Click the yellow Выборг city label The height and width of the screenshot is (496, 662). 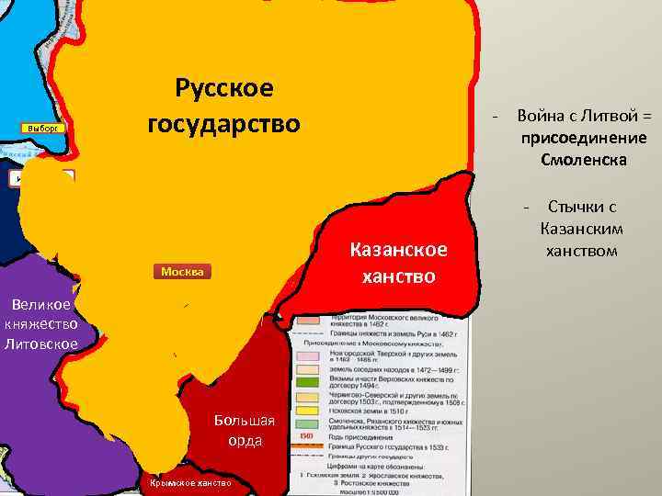[42, 128]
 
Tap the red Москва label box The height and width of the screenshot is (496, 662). [181, 272]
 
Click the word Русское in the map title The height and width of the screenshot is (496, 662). [223, 89]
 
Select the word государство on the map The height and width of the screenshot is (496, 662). [223, 122]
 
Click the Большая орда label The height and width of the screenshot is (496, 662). [244, 430]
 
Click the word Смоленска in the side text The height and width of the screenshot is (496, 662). [584, 160]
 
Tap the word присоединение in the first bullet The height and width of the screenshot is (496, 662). [583, 138]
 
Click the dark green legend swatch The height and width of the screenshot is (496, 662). [306, 380]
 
